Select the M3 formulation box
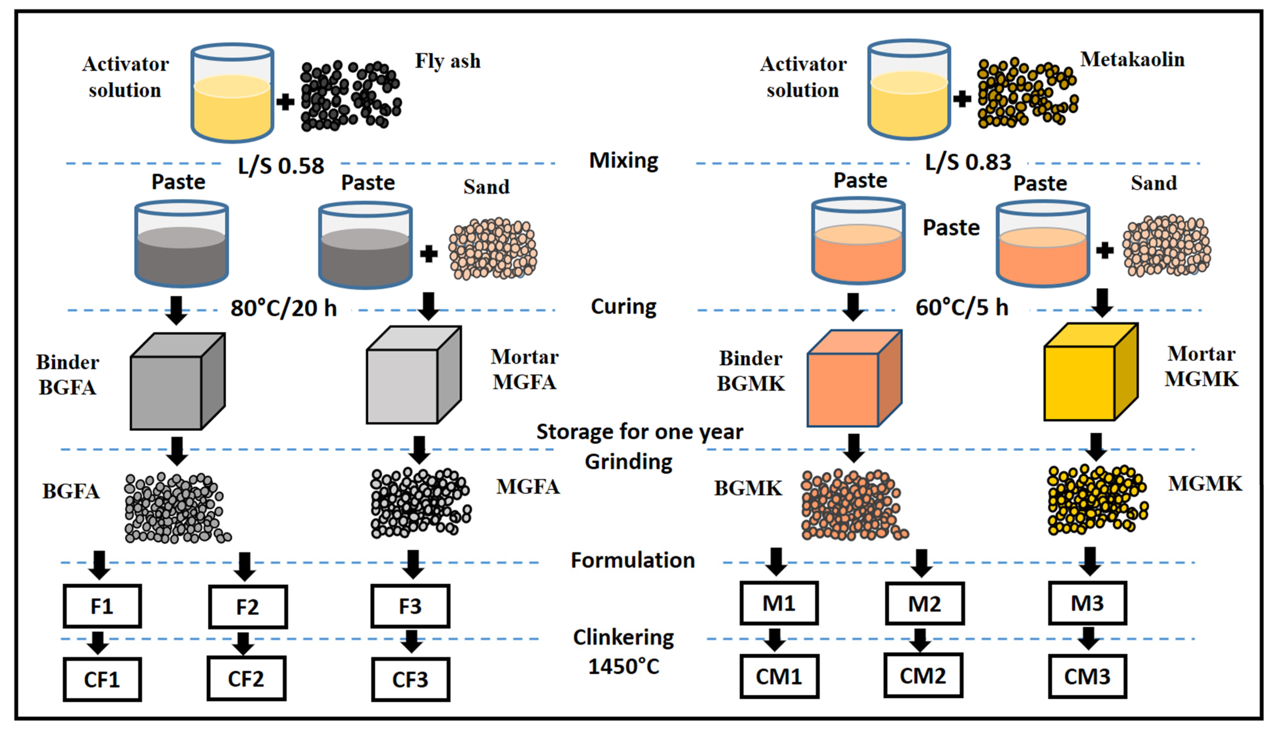click(1087, 603)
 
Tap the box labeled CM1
click(779, 676)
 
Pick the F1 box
click(102, 606)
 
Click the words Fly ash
click(447, 61)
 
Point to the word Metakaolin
click(1132, 59)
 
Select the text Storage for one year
click(640, 431)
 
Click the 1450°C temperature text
click(624, 666)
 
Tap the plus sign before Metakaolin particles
click(962, 99)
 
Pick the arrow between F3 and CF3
click(411, 641)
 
